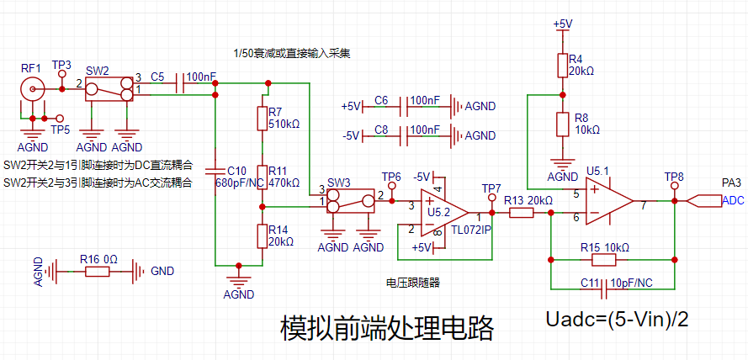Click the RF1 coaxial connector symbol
(33, 88)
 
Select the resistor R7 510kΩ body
(262, 119)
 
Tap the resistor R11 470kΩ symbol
(262, 177)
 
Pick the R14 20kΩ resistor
(262, 236)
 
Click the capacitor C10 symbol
(215, 172)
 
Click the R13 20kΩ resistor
(521, 213)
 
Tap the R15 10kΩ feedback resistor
(604, 259)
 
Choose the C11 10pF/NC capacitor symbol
(604, 289)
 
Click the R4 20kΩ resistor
(563, 66)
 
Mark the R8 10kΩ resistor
(563, 124)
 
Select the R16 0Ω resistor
(98, 272)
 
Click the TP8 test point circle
(675, 186)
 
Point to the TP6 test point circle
(392, 186)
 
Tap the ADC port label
(733, 201)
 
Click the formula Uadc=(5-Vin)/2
(618, 320)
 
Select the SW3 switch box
(350, 201)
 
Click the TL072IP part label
(472, 230)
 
